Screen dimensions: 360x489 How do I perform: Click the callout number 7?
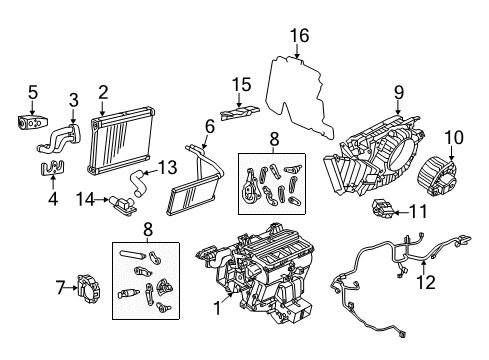click(60, 289)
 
